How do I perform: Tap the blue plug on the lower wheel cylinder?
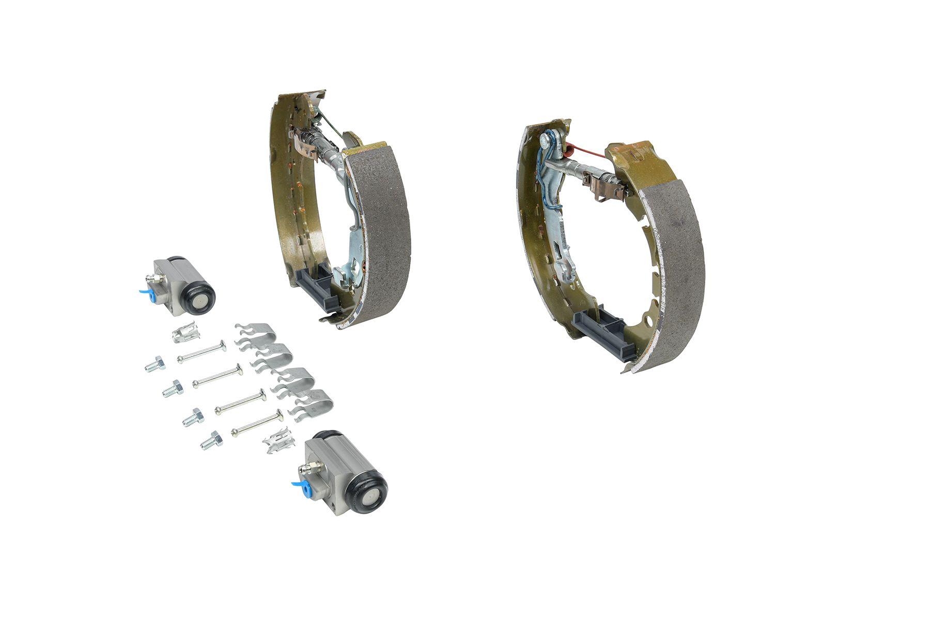tap(300, 485)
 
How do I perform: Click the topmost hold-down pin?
tap(202, 352)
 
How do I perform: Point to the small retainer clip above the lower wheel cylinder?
tap(279, 442)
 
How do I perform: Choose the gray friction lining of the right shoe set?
tap(677, 269)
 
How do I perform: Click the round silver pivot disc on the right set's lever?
tap(546, 140)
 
